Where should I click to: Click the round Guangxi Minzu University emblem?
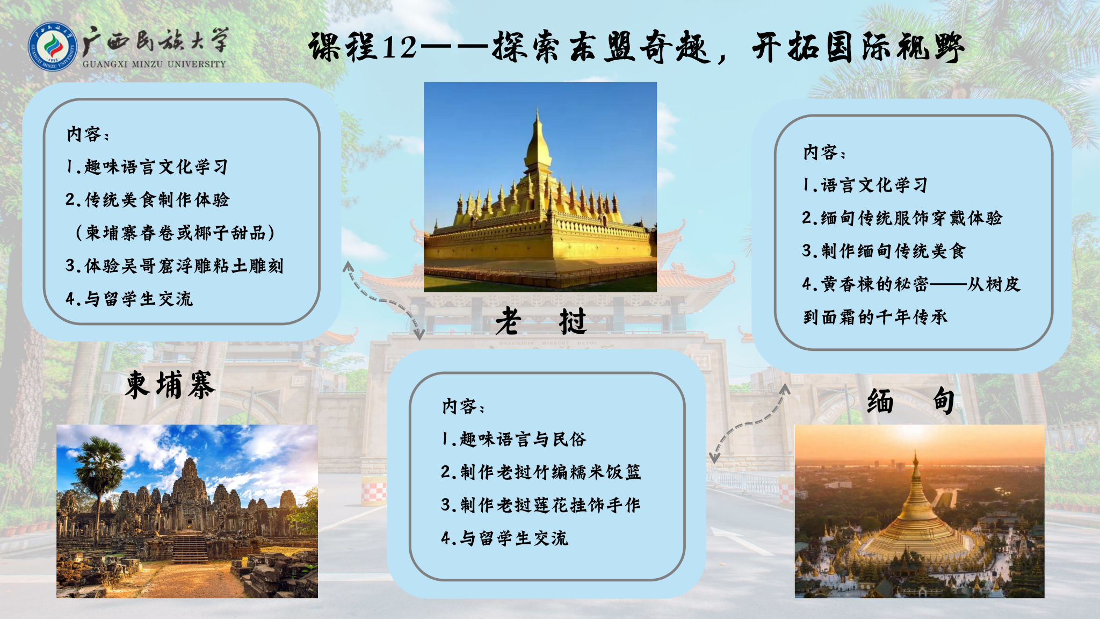(x=53, y=47)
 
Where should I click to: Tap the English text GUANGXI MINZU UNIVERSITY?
(x=154, y=64)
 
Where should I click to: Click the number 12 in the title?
(x=400, y=47)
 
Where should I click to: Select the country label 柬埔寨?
(x=170, y=385)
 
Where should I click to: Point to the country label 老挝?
(x=541, y=321)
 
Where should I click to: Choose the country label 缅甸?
(x=911, y=401)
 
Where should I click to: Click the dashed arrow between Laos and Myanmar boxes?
(x=750, y=422)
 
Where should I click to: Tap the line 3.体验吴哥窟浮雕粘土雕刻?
(x=174, y=265)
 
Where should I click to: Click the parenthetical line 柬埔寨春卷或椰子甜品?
(x=175, y=233)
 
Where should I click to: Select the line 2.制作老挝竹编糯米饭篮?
(x=541, y=472)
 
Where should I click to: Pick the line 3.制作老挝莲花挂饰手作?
(x=540, y=505)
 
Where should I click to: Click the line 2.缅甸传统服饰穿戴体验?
(x=902, y=218)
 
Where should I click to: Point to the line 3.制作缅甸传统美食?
(x=884, y=251)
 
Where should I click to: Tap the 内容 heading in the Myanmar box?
(x=824, y=152)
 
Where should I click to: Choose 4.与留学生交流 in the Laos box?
(x=504, y=538)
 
